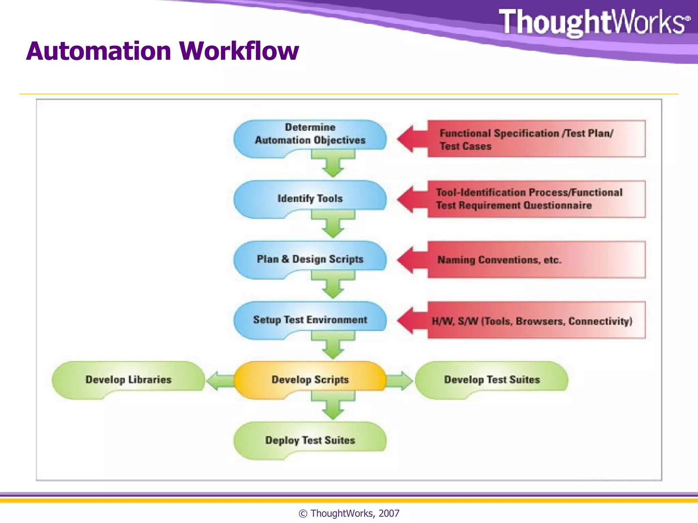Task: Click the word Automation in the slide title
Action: [99, 51]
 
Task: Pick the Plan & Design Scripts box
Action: [310, 259]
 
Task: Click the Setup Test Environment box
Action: [310, 320]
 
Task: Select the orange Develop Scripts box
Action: [310, 379]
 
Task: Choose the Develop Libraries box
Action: [128, 379]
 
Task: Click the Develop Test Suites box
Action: [491, 379]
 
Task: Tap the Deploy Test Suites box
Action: [310, 440]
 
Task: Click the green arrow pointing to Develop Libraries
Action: [220, 381]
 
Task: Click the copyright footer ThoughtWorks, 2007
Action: [349, 513]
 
